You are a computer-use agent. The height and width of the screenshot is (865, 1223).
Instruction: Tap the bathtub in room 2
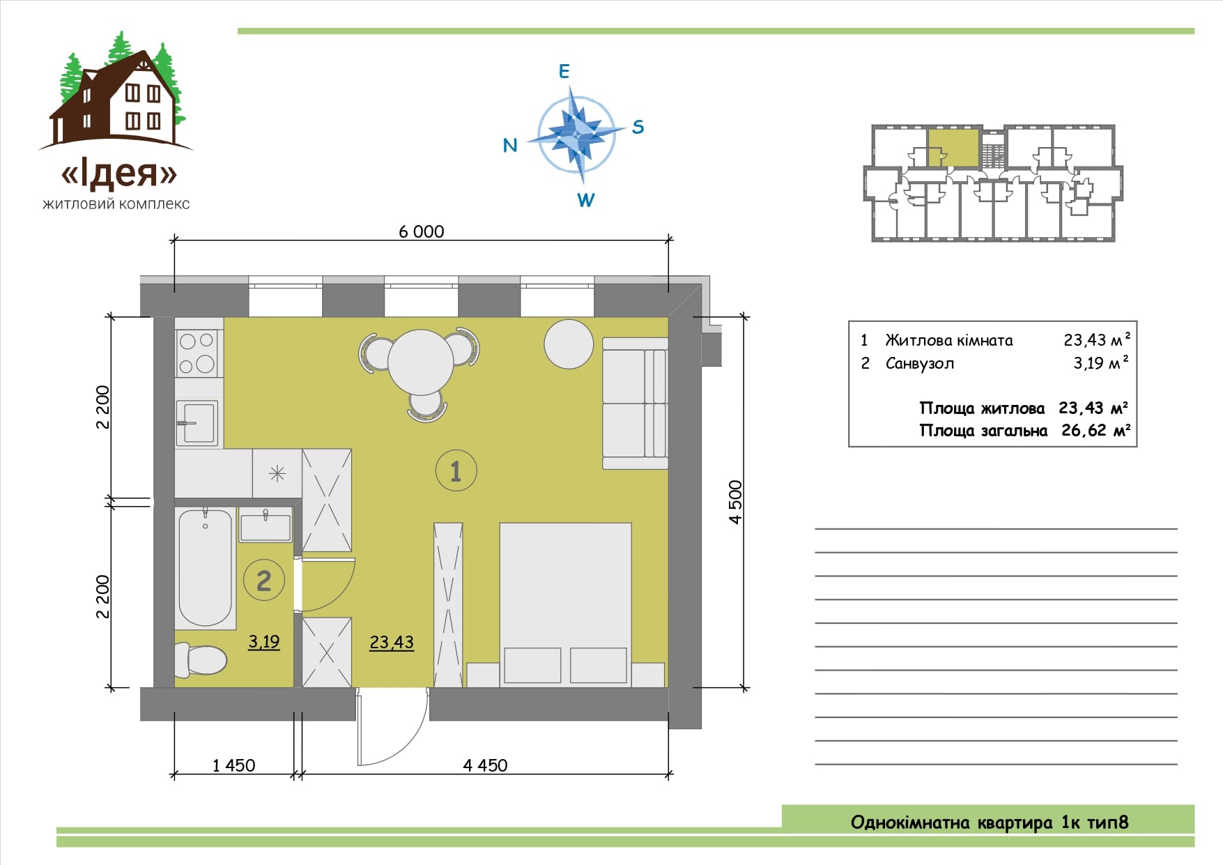click(206, 567)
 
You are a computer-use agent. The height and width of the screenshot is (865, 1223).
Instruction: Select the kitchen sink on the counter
click(197, 422)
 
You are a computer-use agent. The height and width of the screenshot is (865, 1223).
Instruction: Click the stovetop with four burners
click(197, 353)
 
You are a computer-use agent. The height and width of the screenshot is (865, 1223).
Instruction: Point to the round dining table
click(421, 362)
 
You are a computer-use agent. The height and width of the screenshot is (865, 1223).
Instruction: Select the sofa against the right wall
click(635, 403)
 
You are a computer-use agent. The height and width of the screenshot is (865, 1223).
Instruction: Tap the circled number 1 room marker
click(456, 471)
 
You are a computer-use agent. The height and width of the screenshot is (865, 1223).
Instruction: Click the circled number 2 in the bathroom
click(264, 580)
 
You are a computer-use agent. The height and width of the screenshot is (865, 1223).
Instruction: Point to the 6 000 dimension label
click(421, 231)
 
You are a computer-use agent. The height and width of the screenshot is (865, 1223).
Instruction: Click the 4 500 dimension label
click(735, 502)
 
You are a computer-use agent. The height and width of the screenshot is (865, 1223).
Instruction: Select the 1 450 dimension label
click(233, 765)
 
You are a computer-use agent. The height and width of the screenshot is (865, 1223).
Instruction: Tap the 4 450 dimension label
click(485, 765)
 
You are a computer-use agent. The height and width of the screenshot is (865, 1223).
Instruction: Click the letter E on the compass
click(564, 71)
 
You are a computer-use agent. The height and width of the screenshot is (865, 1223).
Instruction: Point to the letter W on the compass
click(585, 200)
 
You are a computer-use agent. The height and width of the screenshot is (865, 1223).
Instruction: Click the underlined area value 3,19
click(264, 642)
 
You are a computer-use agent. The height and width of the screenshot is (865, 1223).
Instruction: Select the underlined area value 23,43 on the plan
click(392, 643)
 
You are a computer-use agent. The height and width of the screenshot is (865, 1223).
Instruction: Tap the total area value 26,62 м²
click(1095, 430)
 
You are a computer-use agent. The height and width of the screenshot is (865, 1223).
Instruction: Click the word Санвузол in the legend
click(920, 364)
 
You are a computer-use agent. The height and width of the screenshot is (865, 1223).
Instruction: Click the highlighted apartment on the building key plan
click(953, 148)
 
